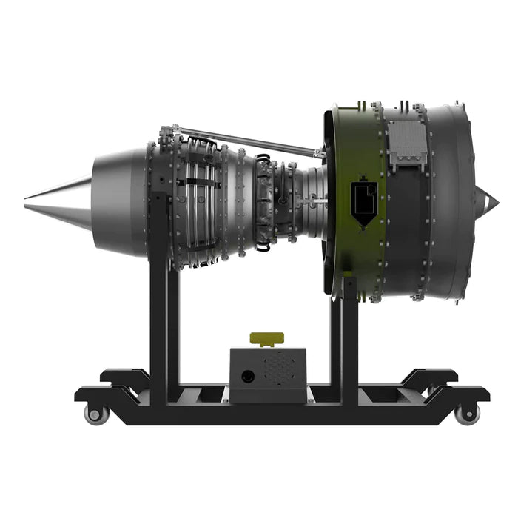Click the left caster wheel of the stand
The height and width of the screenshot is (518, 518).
(96, 414)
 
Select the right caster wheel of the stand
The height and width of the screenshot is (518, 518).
(466, 414)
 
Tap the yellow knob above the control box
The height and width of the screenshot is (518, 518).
(267, 339)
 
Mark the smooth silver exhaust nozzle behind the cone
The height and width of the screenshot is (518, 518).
(118, 200)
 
